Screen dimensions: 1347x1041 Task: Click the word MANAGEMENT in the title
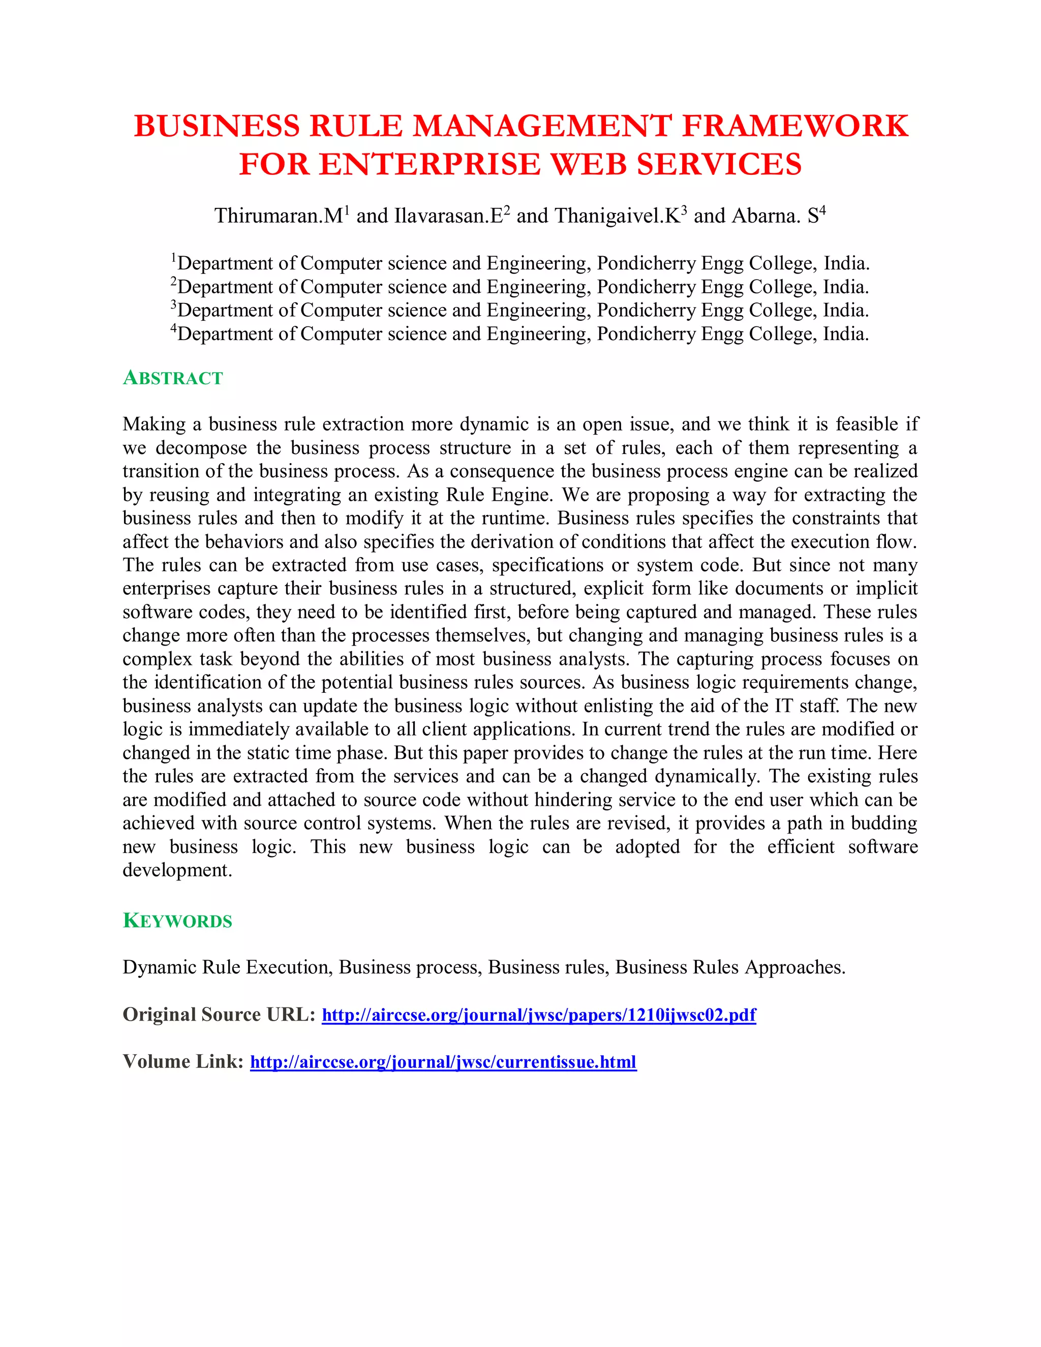(x=541, y=127)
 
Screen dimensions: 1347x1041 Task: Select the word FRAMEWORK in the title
(x=795, y=127)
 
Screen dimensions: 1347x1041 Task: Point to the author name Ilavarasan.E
(x=448, y=216)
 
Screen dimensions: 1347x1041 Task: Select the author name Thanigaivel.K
(x=617, y=216)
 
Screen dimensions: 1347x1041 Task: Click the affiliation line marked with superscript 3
(x=520, y=310)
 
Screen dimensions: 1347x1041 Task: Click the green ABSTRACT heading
(x=173, y=378)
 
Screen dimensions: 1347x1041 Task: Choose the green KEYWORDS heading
(x=177, y=921)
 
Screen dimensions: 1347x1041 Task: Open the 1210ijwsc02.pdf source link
(x=538, y=1015)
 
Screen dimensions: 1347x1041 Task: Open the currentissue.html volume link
(x=443, y=1061)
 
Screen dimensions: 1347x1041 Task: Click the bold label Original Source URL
(x=219, y=1015)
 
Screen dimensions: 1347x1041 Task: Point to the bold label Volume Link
(x=183, y=1061)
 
